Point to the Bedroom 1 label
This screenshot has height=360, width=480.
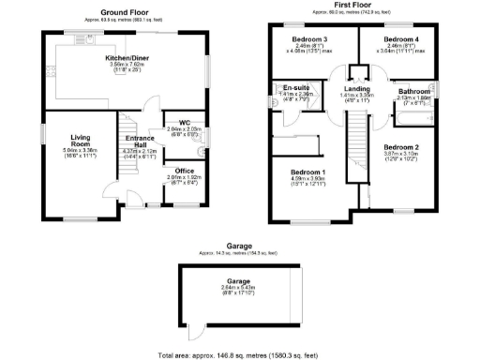coord(307,172)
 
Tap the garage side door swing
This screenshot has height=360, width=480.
coord(194,331)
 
